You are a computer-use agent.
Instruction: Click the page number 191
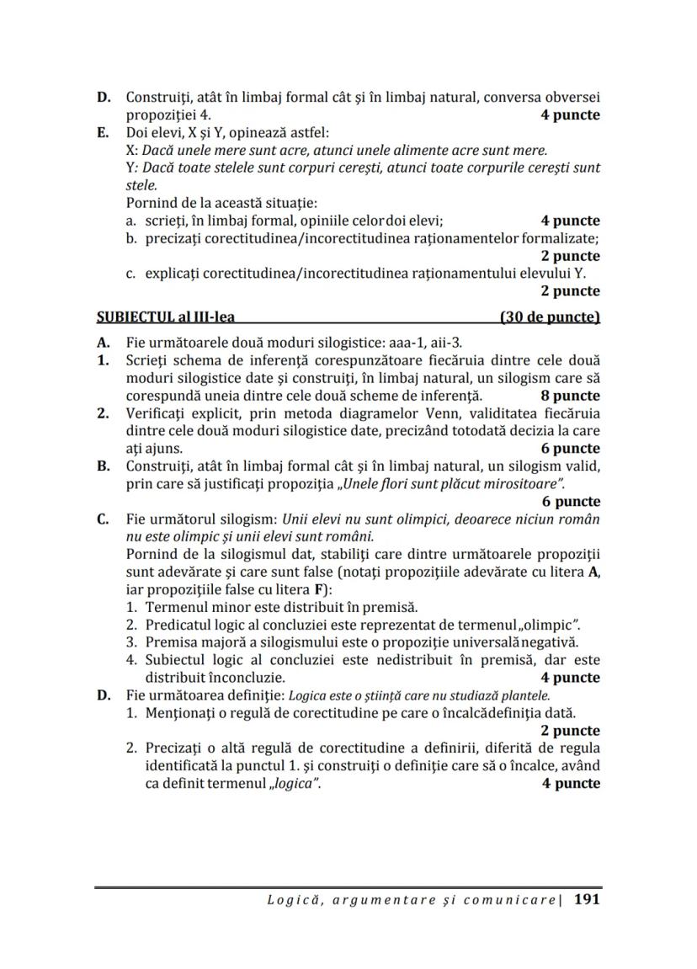pyautogui.click(x=586, y=899)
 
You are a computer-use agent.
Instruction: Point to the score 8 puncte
pyautogui.click(x=570, y=395)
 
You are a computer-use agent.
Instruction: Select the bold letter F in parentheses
pyautogui.click(x=322, y=588)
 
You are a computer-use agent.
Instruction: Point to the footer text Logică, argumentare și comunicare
pyautogui.click(x=412, y=900)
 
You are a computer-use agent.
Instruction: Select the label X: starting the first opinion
pyautogui.click(x=131, y=150)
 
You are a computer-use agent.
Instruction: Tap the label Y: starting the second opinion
pyautogui.click(x=131, y=168)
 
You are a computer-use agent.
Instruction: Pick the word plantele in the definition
pyautogui.click(x=527, y=695)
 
